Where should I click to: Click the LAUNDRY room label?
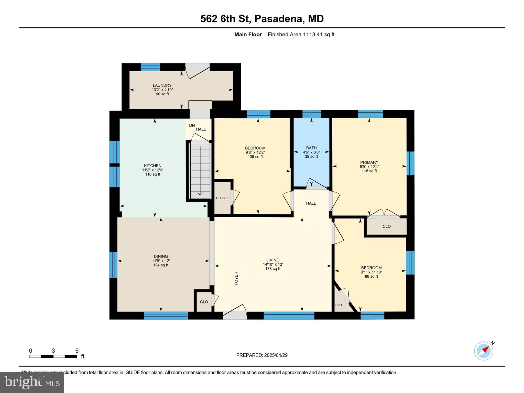(x=162, y=85)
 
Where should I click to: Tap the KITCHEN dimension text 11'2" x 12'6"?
(x=153, y=170)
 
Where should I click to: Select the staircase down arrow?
(x=200, y=194)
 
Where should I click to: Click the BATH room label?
(x=311, y=148)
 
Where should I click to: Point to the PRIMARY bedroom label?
(x=369, y=162)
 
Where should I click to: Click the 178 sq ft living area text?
(x=273, y=269)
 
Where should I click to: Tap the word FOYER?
(x=236, y=278)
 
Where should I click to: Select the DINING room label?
(x=161, y=256)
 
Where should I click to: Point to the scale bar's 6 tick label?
(x=77, y=351)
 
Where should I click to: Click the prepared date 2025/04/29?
(x=276, y=355)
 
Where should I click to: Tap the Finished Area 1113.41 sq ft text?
(x=301, y=35)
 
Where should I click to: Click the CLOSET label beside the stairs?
(x=222, y=198)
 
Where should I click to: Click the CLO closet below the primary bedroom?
(x=386, y=226)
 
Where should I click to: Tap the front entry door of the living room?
(x=235, y=312)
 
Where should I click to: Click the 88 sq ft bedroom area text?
(x=371, y=276)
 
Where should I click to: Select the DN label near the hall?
(x=192, y=125)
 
